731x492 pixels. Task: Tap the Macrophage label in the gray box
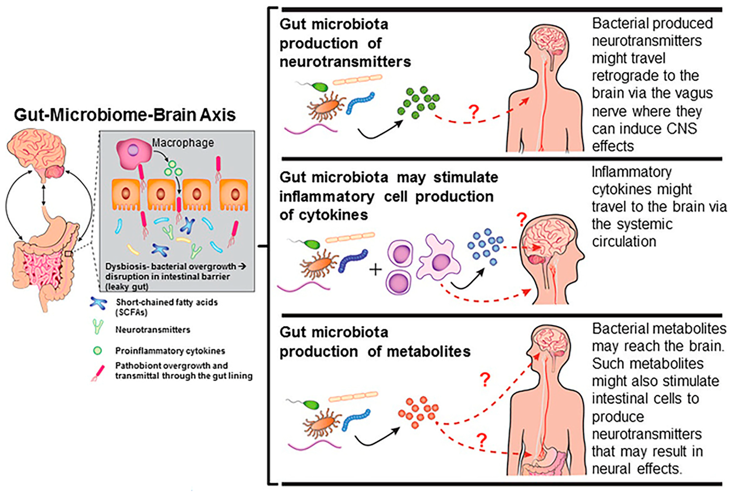tap(183, 143)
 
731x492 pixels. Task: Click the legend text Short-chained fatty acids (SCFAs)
tap(166, 307)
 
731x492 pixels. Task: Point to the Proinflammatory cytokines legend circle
tap(98, 350)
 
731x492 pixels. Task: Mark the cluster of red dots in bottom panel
tap(418, 412)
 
